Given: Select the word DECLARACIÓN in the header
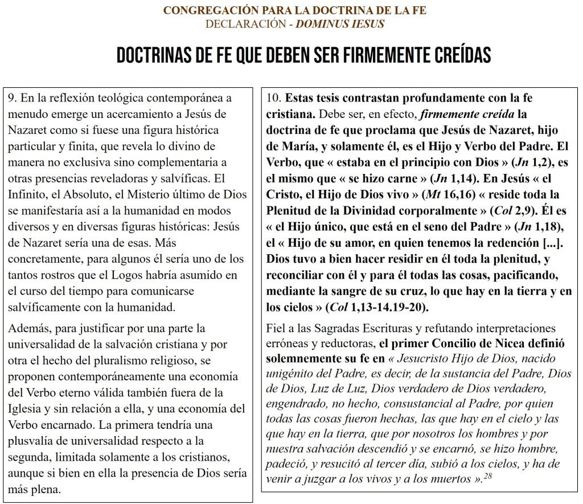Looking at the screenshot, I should pyautogui.click(x=238, y=24).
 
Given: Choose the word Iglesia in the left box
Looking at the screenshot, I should pyautogui.click(x=25, y=409).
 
